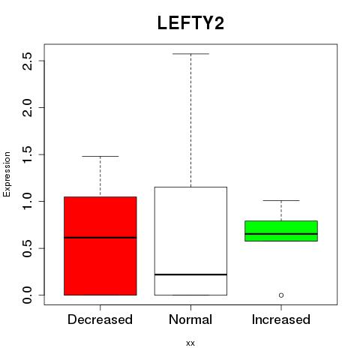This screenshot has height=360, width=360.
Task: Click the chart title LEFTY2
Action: click(190, 23)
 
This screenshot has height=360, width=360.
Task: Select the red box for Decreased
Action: click(100, 246)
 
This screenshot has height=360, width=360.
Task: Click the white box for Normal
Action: click(190, 241)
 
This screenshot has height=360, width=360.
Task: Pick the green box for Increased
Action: click(281, 231)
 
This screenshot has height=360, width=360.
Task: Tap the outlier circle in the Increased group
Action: click(281, 295)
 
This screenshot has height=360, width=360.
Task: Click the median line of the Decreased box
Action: click(100, 238)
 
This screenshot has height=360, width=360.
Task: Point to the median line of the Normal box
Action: click(190, 274)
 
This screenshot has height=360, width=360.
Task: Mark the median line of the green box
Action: click(281, 234)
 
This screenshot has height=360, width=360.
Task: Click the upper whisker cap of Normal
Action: click(190, 53)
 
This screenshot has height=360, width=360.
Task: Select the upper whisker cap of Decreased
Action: click(100, 156)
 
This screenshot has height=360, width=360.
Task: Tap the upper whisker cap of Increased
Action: click(281, 200)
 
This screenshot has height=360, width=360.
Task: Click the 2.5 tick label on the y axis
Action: click(27, 61)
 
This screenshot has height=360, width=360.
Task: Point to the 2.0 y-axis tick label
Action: click(27, 107)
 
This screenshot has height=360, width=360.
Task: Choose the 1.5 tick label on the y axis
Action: click(27, 154)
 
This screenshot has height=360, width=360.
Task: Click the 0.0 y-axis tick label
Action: click(27, 295)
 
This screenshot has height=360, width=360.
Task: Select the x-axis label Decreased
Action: click(100, 319)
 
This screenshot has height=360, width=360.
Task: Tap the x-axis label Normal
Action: click(190, 319)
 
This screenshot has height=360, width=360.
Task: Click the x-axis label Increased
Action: click(281, 319)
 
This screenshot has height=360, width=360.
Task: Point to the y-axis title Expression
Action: click(7, 174)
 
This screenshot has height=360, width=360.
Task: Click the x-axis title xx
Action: click(190, 343)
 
